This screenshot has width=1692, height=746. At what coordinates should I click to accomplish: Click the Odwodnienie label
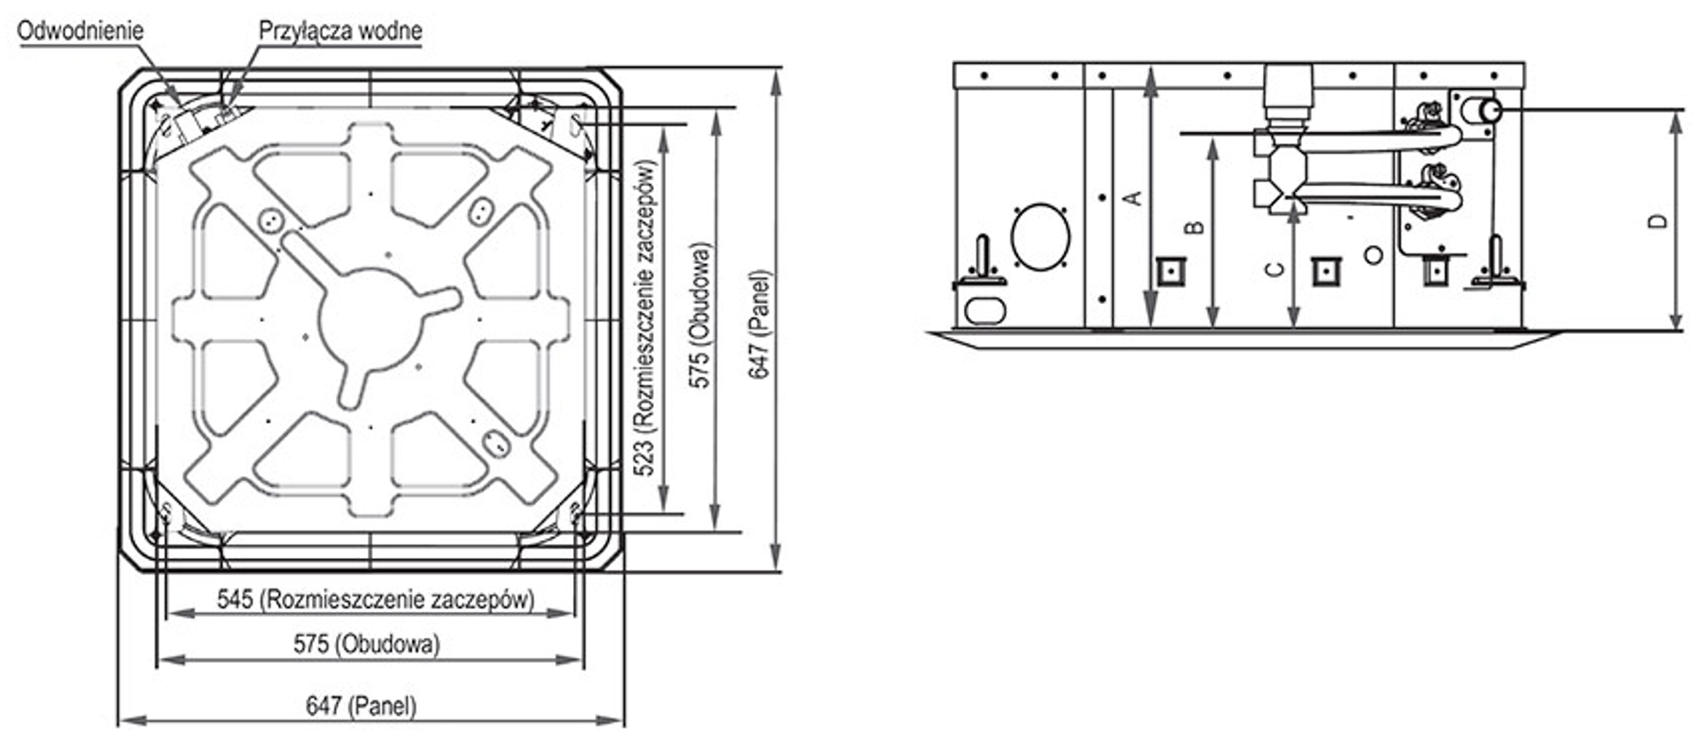pyautogui.click(x=81, y=29)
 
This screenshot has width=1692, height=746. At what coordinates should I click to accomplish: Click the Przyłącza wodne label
pyautogui.click(x=341, y=30)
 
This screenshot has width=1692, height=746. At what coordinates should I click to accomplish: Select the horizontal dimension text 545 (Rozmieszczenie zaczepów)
pyautogui.click(x=376, y=599)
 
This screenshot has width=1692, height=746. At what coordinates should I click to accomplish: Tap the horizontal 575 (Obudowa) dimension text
pyautogui.click(x=366, y=644)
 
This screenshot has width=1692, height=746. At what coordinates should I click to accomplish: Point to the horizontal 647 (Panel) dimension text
pyautogui.click(x=361, y=706)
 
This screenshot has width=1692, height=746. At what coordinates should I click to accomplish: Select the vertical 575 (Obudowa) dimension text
pyautogui.click(x=700, y=317)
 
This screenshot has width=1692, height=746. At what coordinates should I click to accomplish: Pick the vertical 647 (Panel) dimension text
pyautogui.click(x=761, y=326)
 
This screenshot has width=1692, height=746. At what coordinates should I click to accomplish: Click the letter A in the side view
pyautogui.click(x=1132, y=197)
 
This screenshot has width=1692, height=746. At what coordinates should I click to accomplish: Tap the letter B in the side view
pyautogui.click(x=1196, y=228)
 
